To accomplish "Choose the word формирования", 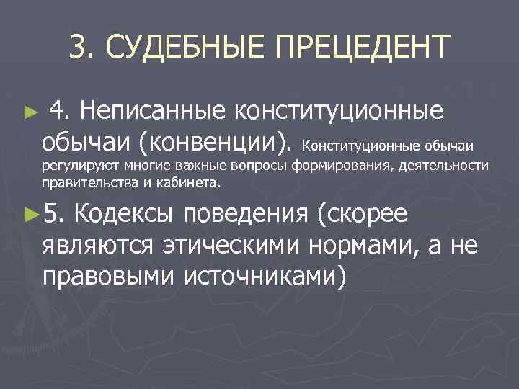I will point(340,167).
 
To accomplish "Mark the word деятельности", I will point(440,167).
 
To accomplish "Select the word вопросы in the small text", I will point(262,167).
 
